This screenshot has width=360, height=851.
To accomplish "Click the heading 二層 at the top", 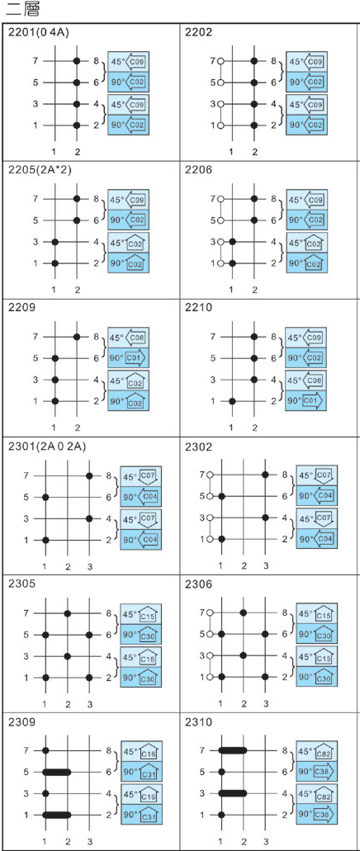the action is (21, 10).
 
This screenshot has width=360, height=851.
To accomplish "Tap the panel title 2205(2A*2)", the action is (40, 170).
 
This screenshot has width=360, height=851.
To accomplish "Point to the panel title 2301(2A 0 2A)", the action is (48, 447).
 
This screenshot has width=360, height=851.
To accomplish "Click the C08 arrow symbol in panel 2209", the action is (135, 338).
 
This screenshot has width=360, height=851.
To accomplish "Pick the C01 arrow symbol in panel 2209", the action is (136, 358).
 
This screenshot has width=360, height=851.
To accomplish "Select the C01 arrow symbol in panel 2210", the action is (312, 400).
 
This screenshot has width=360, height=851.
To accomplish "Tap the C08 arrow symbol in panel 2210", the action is (311, 380).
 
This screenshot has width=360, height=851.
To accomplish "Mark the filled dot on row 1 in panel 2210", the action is (232, 401).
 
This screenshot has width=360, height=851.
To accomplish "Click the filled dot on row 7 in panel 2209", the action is (77, 337).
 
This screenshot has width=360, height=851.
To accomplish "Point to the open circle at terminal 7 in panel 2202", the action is (220, 61).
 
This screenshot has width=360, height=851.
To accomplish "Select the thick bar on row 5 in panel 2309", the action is (56, 771).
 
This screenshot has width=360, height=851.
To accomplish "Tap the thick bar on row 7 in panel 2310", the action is (232, 750).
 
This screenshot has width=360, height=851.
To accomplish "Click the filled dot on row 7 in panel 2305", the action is (68, 613).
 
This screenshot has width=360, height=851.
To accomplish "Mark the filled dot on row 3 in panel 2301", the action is (90, 518).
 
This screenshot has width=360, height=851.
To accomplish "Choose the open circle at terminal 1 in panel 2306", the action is (211, 677).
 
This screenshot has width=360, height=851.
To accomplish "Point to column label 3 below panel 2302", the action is (266, 566).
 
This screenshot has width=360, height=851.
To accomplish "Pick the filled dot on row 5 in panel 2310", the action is (221, 771).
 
